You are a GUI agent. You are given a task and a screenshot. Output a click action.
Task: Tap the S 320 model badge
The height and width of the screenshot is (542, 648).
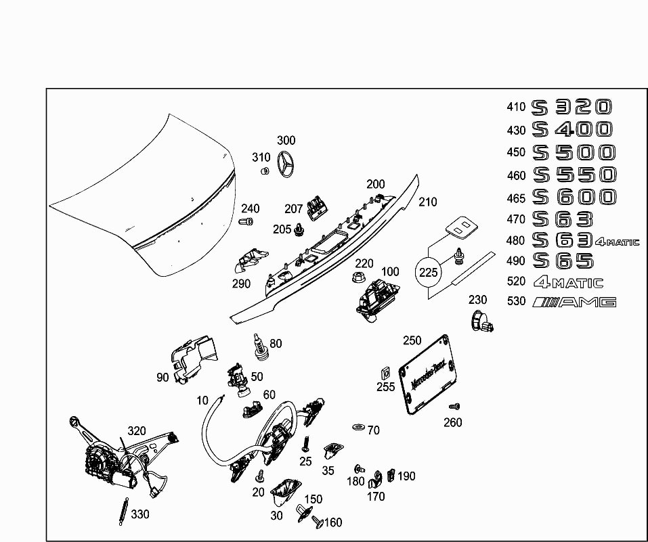(572, 107)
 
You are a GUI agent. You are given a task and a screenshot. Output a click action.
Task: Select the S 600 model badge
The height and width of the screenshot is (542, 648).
(574, 197)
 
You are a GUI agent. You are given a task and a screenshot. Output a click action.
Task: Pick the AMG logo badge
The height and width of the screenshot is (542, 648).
(574, 302)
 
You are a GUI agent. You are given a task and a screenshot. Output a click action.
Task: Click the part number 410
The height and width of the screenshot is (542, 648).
(516, 107)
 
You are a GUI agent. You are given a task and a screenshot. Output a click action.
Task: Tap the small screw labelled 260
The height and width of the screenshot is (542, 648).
(454, 407)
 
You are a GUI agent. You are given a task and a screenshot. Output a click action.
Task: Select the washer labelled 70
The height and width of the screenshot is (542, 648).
(357, 428)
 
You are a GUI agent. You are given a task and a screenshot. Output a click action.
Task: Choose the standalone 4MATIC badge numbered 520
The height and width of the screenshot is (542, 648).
(567, 282)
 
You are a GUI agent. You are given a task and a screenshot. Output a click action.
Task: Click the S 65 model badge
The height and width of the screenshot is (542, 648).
(563, 261)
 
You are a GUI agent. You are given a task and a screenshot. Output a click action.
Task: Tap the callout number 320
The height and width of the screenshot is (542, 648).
(137, 430)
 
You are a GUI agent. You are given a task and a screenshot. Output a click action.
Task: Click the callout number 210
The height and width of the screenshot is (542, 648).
(428, 202)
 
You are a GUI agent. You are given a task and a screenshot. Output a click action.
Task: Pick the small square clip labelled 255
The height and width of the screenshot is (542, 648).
(383, 373)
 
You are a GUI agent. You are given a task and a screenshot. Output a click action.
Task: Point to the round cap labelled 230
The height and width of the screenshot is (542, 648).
(479, 319)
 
